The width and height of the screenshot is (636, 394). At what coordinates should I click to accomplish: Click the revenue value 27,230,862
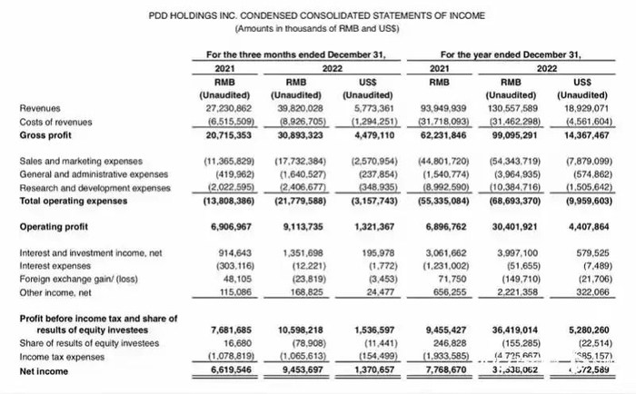(x=223, y=107)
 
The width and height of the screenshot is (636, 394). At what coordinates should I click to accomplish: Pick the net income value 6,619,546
(x=223, y=371)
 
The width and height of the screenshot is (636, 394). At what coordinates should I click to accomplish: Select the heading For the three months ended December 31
(x=297, y=54)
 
